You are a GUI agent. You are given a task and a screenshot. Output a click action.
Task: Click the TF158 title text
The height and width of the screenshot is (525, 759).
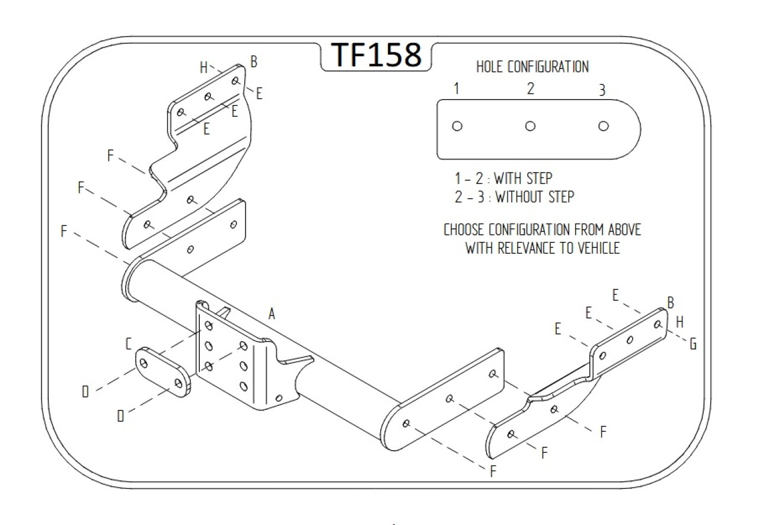click(376, 55)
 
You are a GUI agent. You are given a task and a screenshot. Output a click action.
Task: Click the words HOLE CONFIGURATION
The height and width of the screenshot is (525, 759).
click(532, 67)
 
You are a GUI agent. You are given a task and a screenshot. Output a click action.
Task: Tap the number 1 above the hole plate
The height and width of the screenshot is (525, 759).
click(457, 89)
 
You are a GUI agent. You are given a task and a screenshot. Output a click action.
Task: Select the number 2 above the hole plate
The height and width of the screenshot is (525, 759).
click(530, 89)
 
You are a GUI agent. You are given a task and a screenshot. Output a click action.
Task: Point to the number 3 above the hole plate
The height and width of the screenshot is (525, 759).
click(602, 90)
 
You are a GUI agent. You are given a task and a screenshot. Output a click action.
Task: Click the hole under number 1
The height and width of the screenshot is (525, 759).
click(457, 126)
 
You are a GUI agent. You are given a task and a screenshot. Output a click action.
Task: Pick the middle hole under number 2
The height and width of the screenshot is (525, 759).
click(530, 126)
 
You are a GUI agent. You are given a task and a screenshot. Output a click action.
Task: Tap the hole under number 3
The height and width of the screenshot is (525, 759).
click(603, 126)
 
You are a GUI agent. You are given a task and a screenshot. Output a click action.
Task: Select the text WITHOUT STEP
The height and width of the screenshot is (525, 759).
click(535, 197)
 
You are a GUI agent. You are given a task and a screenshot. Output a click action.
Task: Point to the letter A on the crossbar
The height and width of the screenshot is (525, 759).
click(272, 314)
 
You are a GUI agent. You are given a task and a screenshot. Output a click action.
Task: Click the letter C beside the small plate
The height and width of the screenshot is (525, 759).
click(128, 343)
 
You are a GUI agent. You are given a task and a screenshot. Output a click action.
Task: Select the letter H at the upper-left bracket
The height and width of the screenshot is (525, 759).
click(203, 68)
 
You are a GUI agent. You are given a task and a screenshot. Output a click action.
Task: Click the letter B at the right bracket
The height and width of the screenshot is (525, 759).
click(671, 303)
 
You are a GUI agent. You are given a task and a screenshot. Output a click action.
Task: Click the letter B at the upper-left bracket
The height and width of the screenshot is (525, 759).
click(254, 61)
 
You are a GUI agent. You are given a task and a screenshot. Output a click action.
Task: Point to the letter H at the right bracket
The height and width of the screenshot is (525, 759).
click(680, 322)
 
